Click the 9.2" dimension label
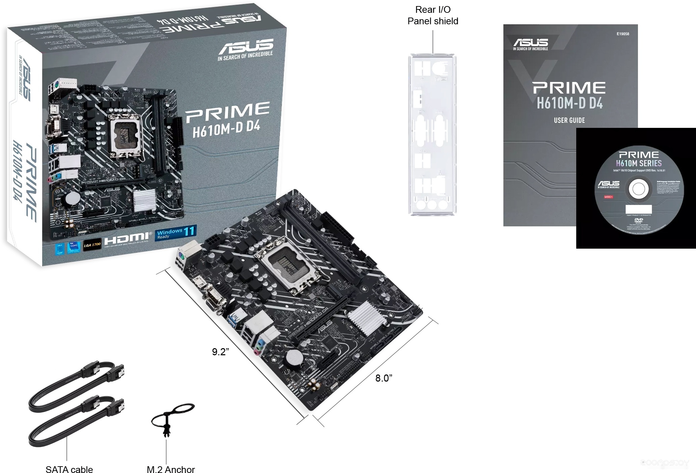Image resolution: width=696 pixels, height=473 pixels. coord(220,352)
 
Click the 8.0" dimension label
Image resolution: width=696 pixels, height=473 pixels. coord(384,378)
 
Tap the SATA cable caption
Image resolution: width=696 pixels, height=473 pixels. coord(69,469)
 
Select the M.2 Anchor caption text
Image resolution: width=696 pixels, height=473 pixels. coord(171,469)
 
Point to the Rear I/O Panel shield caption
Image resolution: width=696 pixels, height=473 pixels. coord(433,15)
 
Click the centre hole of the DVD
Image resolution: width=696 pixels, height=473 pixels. coord(638,189)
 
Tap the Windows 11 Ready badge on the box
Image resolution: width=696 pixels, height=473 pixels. coord(176,232)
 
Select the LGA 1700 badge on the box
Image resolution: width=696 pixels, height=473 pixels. coord(92,245)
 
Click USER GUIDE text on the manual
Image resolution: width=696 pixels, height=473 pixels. coord(569,120)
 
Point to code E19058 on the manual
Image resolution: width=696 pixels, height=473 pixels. coord(622,34)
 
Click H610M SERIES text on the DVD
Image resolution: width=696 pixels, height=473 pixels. coord(639,163)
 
